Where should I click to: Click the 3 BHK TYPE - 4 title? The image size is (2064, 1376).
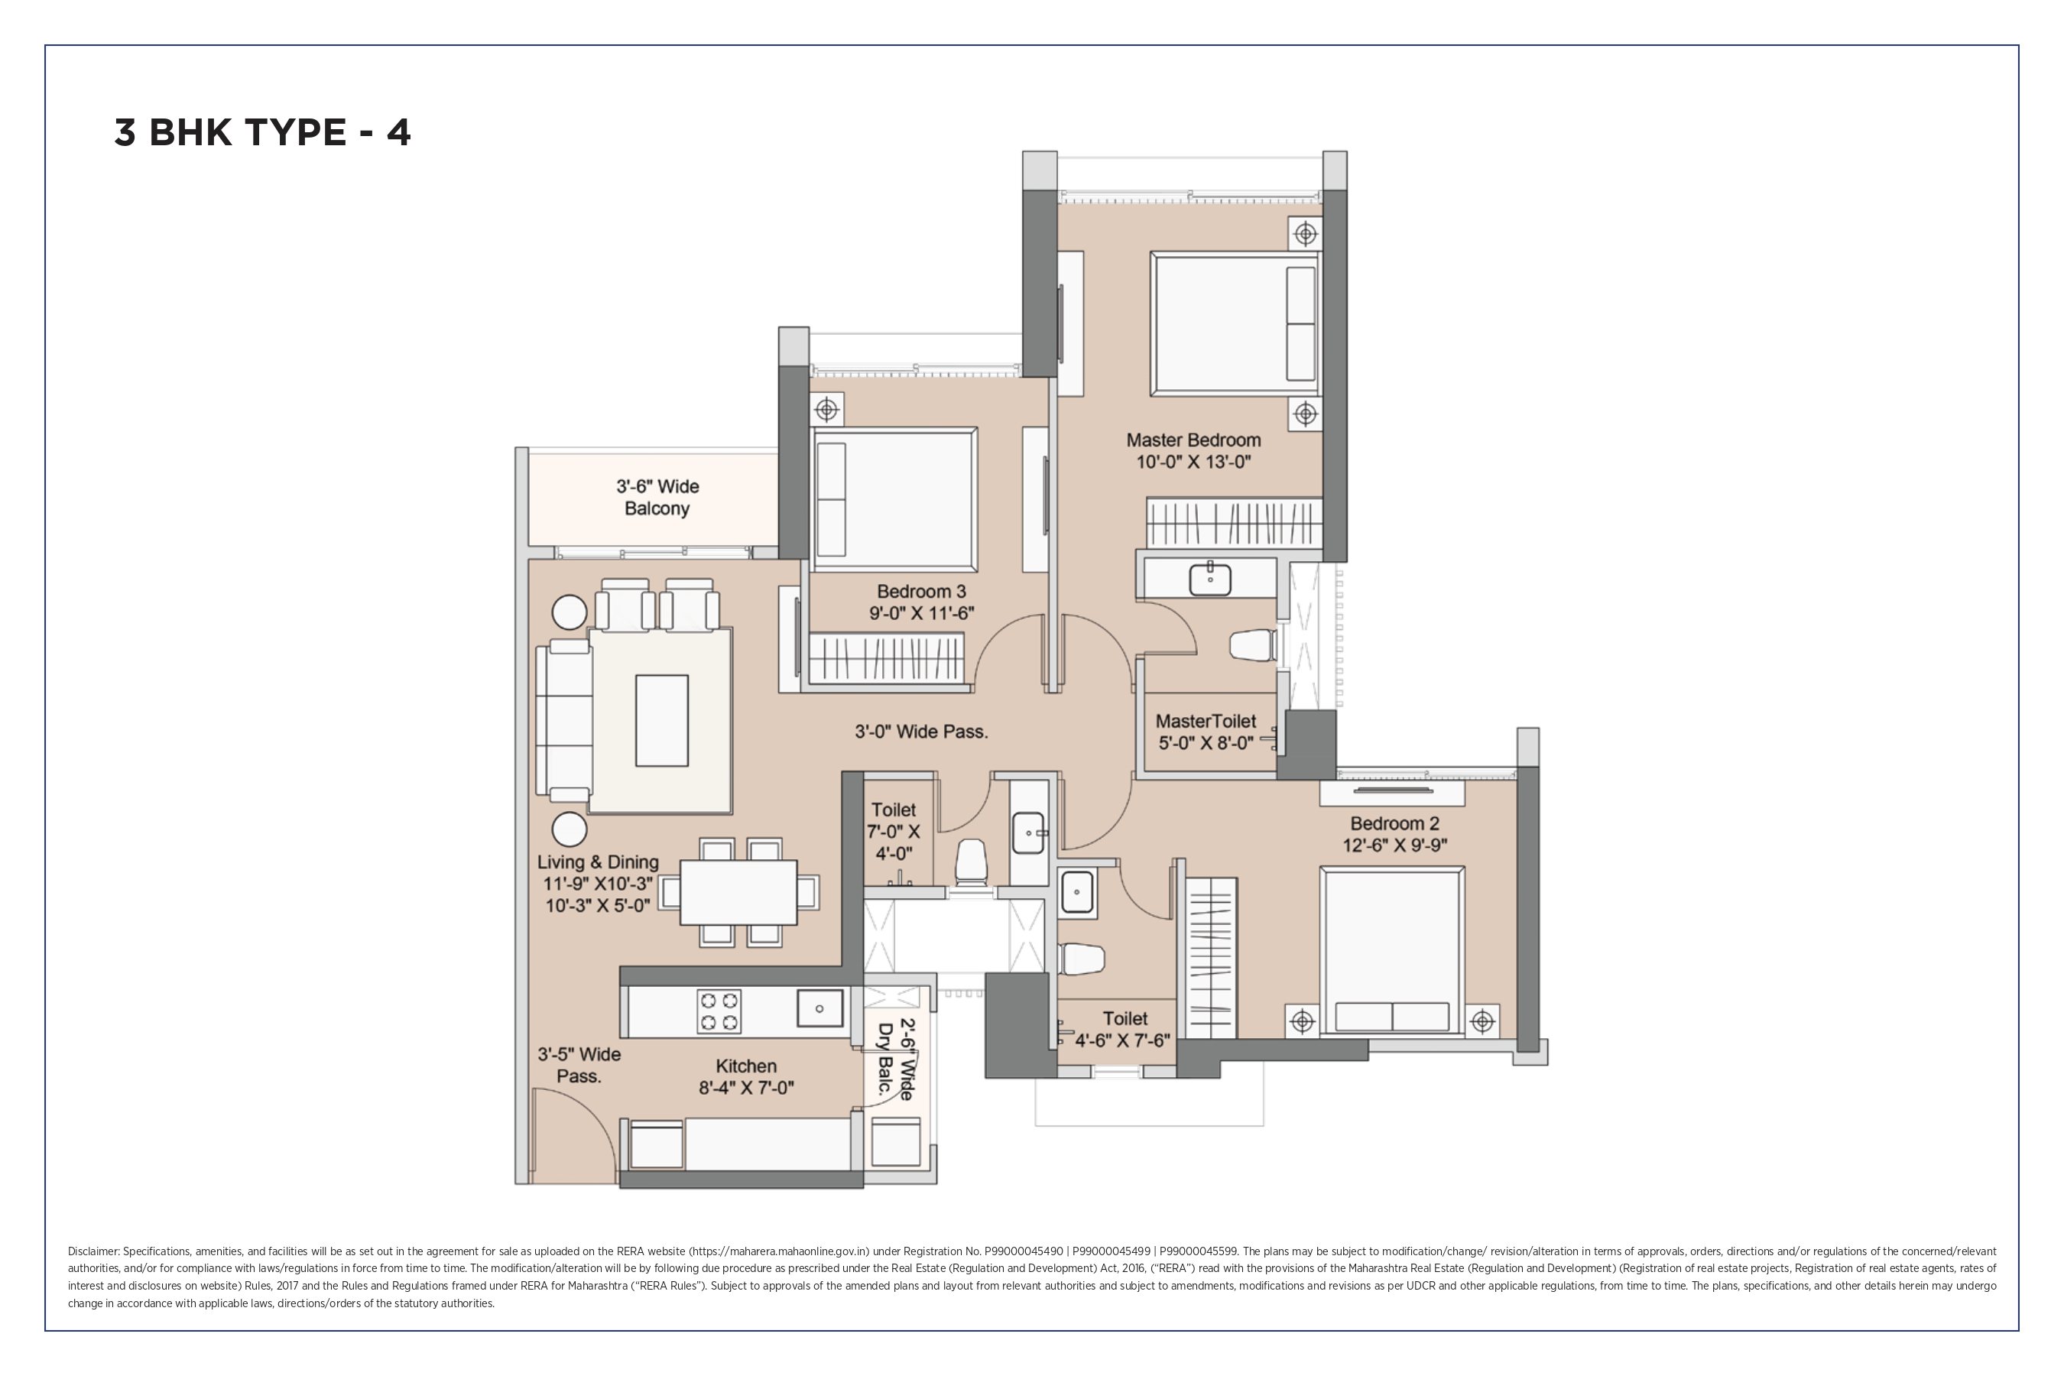(x=262, y=132)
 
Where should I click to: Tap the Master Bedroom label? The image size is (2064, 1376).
(x=1193, y=440)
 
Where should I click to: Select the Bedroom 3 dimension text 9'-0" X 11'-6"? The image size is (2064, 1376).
(x=921, y=613)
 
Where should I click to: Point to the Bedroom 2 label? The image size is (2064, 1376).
(x=1394, y=823)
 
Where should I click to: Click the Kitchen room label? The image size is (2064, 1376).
(x=746, y=1066)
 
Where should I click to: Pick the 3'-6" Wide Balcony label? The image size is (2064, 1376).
(x=657, y=498)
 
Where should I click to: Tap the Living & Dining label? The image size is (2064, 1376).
(x=598, y=862)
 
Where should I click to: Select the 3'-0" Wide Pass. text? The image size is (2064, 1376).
(x=921, y=731)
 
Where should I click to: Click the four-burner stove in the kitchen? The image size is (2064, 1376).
(x=719, y=1011)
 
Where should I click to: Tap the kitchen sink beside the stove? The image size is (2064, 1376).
(x=819, y=1008)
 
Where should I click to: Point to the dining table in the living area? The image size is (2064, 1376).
(x=738, y=892)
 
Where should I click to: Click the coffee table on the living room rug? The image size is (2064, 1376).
(x=662, y=720)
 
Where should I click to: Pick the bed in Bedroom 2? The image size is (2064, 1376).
(x=1392, y=951)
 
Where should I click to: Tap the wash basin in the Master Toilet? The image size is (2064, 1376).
(x=1210, y=579)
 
